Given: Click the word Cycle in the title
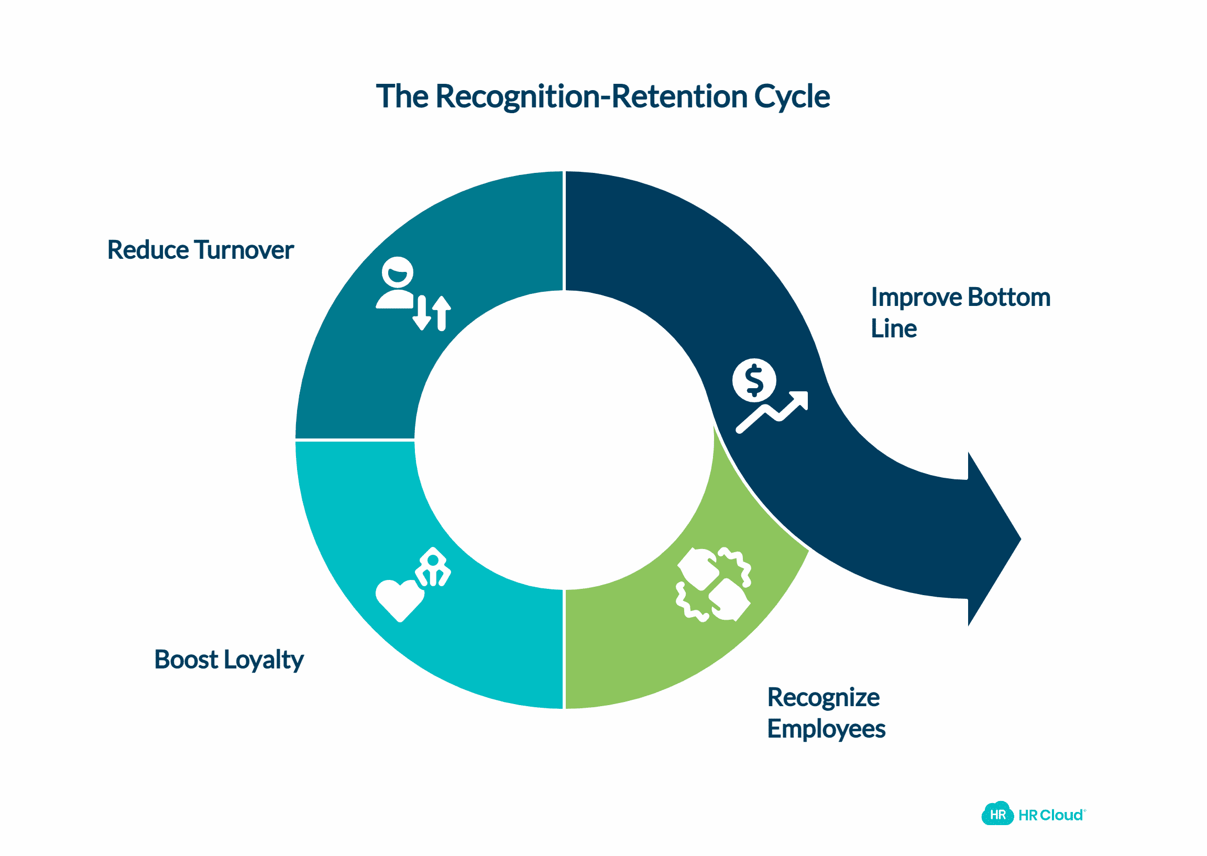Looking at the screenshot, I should (792, 97).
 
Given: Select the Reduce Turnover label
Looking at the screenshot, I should (200, 250).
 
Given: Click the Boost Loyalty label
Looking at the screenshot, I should (229, 660).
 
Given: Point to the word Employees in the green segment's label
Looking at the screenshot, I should (826, 730).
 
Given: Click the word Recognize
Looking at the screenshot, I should (823, 698).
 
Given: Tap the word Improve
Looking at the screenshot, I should (916, 298).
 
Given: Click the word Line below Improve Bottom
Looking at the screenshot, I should (893, 329).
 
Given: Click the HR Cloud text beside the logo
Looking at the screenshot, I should (1051, 816).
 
